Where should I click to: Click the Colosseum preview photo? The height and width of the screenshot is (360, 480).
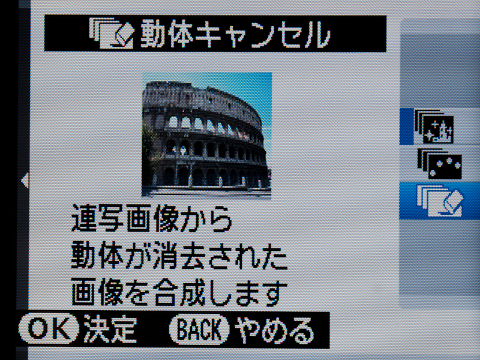point(206,135)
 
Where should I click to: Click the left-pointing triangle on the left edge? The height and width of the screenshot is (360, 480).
point(25,181)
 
